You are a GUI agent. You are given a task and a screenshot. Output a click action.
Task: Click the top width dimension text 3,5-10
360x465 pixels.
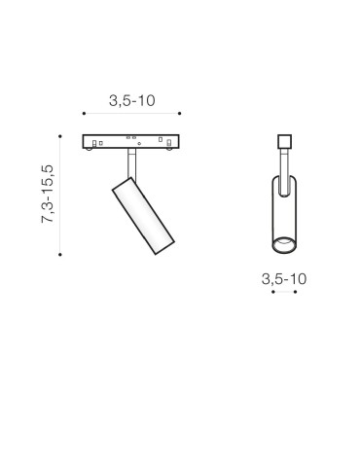tap(132, 101)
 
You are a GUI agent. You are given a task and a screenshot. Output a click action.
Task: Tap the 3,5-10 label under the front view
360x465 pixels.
tap(284, 278)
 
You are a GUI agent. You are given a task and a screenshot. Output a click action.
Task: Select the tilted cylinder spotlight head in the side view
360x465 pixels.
tap(142, 216)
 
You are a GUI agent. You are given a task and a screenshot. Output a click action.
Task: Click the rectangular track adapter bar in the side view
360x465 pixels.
tap(132, 141)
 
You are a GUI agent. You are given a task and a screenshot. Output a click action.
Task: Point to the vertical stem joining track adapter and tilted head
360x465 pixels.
tap(129, 163)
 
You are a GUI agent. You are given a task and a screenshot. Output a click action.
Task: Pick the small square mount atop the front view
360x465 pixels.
tap(284, 140)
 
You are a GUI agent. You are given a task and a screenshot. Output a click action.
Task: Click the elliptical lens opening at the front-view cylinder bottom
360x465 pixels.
tap(284, 241)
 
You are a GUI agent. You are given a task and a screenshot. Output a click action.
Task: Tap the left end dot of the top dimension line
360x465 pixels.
tap(84, 117)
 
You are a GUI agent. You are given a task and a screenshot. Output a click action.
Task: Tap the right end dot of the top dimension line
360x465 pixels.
tap(181, 117)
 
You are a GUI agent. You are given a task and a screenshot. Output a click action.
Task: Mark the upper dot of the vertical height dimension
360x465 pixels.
tap(60, 135)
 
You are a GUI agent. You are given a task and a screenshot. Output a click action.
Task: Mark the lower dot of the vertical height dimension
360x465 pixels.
tap(60, 255)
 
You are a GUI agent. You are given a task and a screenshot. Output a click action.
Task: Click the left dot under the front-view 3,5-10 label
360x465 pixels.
tap(273, 293)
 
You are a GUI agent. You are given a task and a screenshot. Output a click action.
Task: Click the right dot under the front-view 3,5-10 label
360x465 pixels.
tap(295, 293)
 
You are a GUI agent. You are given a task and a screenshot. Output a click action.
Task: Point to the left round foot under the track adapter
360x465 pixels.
tap(92, 149)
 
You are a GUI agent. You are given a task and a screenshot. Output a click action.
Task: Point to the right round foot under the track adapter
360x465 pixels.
tap(171, 149)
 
